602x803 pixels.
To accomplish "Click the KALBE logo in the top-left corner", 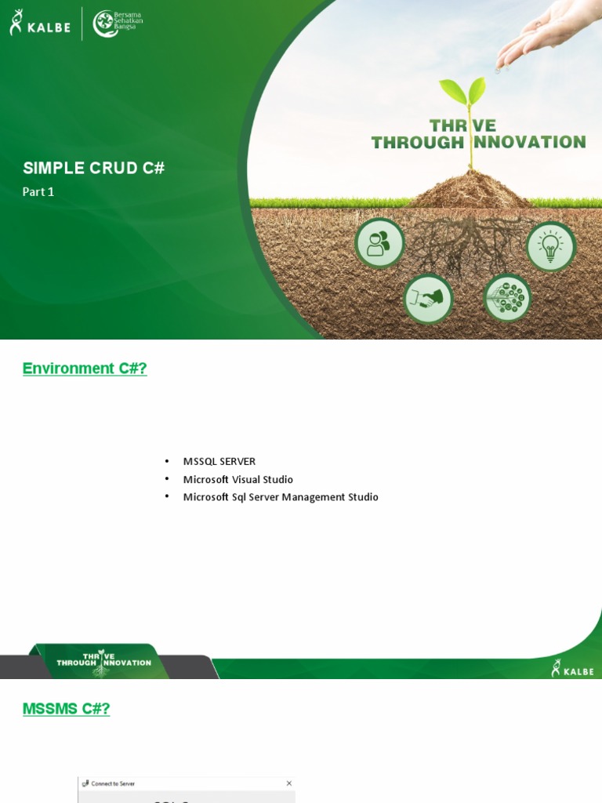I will [39, 23].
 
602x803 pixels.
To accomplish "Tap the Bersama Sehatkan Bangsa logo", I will [118, 23].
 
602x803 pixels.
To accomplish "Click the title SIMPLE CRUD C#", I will [94, 168].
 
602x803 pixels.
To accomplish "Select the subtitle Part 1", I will [38, 191].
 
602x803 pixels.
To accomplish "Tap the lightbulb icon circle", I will [550, 246].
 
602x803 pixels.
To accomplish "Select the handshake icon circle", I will [428, 299].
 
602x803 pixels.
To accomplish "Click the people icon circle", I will [379, 243].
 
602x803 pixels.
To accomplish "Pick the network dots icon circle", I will [508, 298].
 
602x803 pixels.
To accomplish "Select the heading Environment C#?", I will [85, 369].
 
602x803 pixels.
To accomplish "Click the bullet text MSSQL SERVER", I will [219, 461].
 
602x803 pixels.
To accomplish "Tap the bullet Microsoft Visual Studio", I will [238, 479].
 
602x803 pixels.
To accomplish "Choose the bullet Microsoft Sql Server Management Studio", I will [281, 497].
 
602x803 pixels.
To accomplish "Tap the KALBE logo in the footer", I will [572, 668].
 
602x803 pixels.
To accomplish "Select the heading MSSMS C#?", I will [67, 709].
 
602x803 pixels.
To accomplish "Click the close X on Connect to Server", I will [288, 783].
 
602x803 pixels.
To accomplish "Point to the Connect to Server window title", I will [113, 783].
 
